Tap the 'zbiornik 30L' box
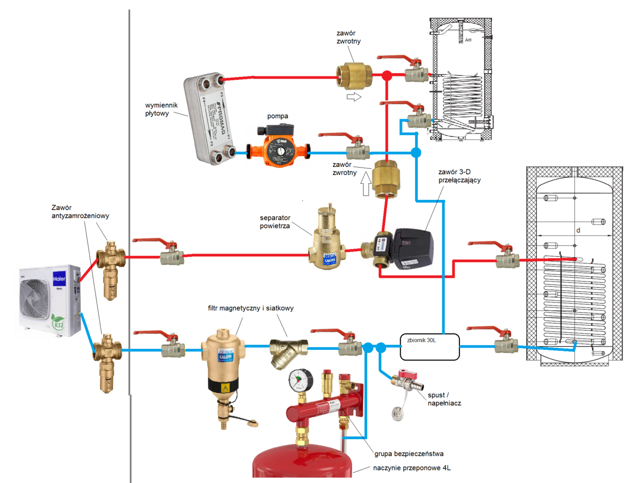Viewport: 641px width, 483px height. click(429, 346)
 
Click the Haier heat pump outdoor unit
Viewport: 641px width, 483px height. click(49, 300)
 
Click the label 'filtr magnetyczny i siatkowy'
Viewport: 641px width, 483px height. click(251, 308)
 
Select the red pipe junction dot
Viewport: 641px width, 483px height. click(388, 76)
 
